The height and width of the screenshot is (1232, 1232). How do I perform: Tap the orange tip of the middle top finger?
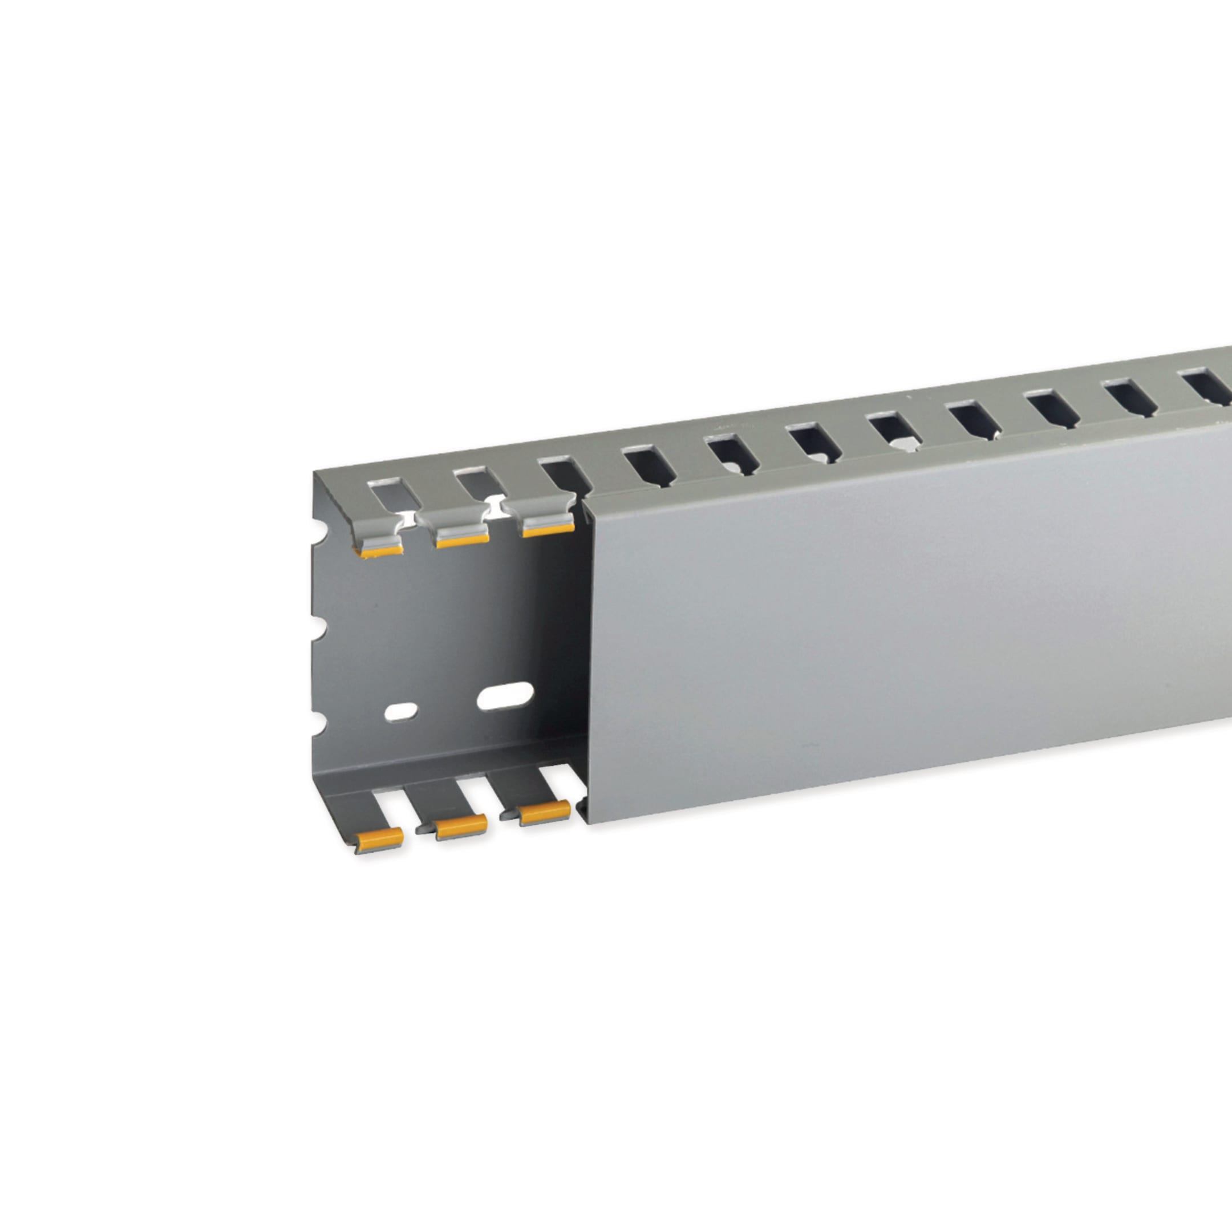pyautogui.click(x=463, y=541)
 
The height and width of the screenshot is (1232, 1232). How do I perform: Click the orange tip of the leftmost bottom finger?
pyautogui.click(x=379, y=839)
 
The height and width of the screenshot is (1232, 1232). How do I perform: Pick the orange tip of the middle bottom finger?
pyautogui.click(x=461, y=826)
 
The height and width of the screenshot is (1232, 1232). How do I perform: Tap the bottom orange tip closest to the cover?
pyautogui.click(x=545, y=812)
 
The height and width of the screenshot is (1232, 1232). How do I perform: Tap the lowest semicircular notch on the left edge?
pyautogui.click(x=319, y=726)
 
